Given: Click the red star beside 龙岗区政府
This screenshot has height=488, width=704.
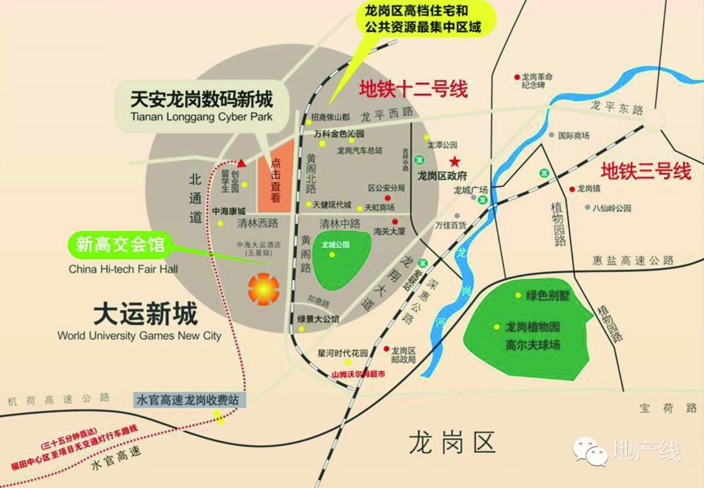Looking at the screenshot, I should point(455,162).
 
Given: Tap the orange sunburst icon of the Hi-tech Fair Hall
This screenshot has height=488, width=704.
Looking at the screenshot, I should point(263,289).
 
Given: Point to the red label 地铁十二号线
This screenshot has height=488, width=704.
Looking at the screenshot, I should point(413,88).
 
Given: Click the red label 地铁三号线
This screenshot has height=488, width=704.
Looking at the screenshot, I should point(646,171).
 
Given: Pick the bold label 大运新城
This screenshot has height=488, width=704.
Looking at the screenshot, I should point(145,315).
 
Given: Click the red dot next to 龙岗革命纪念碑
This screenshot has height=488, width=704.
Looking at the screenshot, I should point(517,77).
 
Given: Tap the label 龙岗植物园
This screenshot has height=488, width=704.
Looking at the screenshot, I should point(532,327).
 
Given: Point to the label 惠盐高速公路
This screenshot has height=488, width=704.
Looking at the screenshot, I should point(632,260).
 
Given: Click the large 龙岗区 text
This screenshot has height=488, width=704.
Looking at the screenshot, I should point(452,442).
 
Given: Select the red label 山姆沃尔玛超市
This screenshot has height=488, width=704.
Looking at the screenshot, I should point(358,374).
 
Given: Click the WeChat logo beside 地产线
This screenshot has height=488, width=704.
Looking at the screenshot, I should point(590,451).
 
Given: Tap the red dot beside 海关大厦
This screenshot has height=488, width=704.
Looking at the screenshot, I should point(394,222).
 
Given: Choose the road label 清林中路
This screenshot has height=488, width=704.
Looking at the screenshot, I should point(340,224).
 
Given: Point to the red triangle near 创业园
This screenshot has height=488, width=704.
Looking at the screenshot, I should point(241,163).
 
